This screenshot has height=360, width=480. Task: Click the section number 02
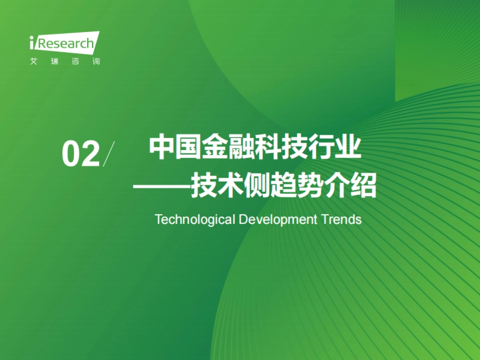pos(80,154)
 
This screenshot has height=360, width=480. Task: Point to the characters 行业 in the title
pos(335,148)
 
